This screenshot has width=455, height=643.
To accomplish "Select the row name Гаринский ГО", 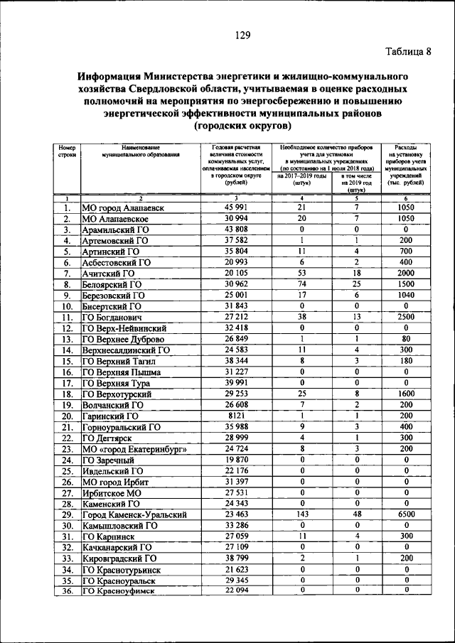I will pyautogui.click(x=110, y=416).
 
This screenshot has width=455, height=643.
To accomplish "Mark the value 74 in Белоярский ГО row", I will pyautogui.click(x=301, y=283).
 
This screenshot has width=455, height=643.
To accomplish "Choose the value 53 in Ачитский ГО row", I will pyautogui.click(x=301, y=273).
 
